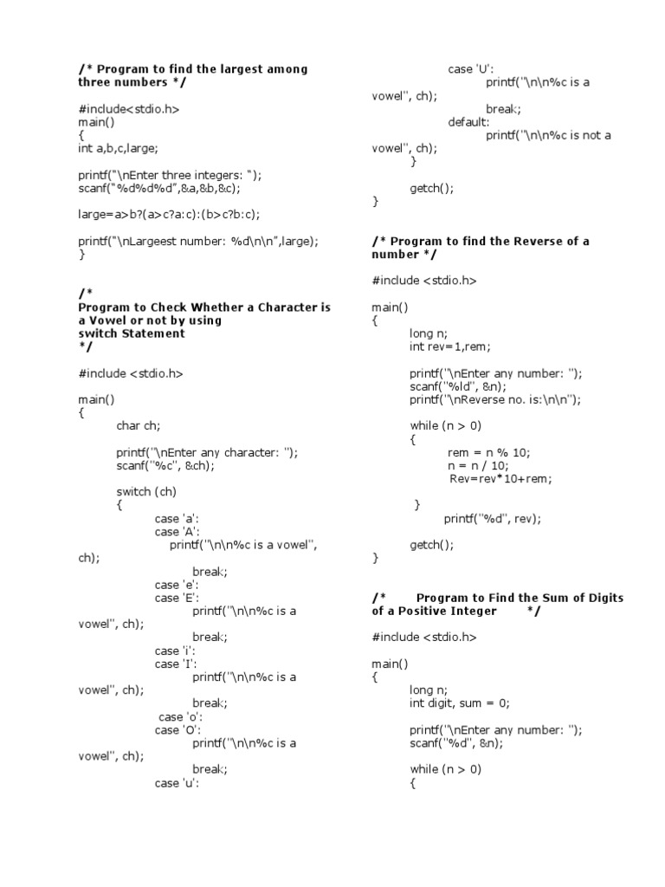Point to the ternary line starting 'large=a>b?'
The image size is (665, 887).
pos(169,214)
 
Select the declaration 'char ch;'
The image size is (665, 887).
pos(139,426)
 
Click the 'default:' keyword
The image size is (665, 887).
pos(468,122)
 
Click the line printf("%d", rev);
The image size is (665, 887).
pos(492,519)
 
